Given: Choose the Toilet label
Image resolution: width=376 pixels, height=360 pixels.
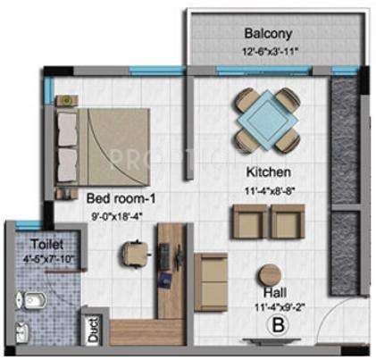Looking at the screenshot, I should [x=33, y=243].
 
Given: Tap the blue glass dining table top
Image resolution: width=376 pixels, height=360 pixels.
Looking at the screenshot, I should [x=266, y=115].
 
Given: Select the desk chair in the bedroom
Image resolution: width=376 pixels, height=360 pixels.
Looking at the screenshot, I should [x=131, y=252].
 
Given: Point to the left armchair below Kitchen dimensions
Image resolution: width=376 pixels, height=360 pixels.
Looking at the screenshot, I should [x=247, y=222].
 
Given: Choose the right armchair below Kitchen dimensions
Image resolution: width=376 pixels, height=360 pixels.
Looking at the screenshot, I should [x=288, y=222].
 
